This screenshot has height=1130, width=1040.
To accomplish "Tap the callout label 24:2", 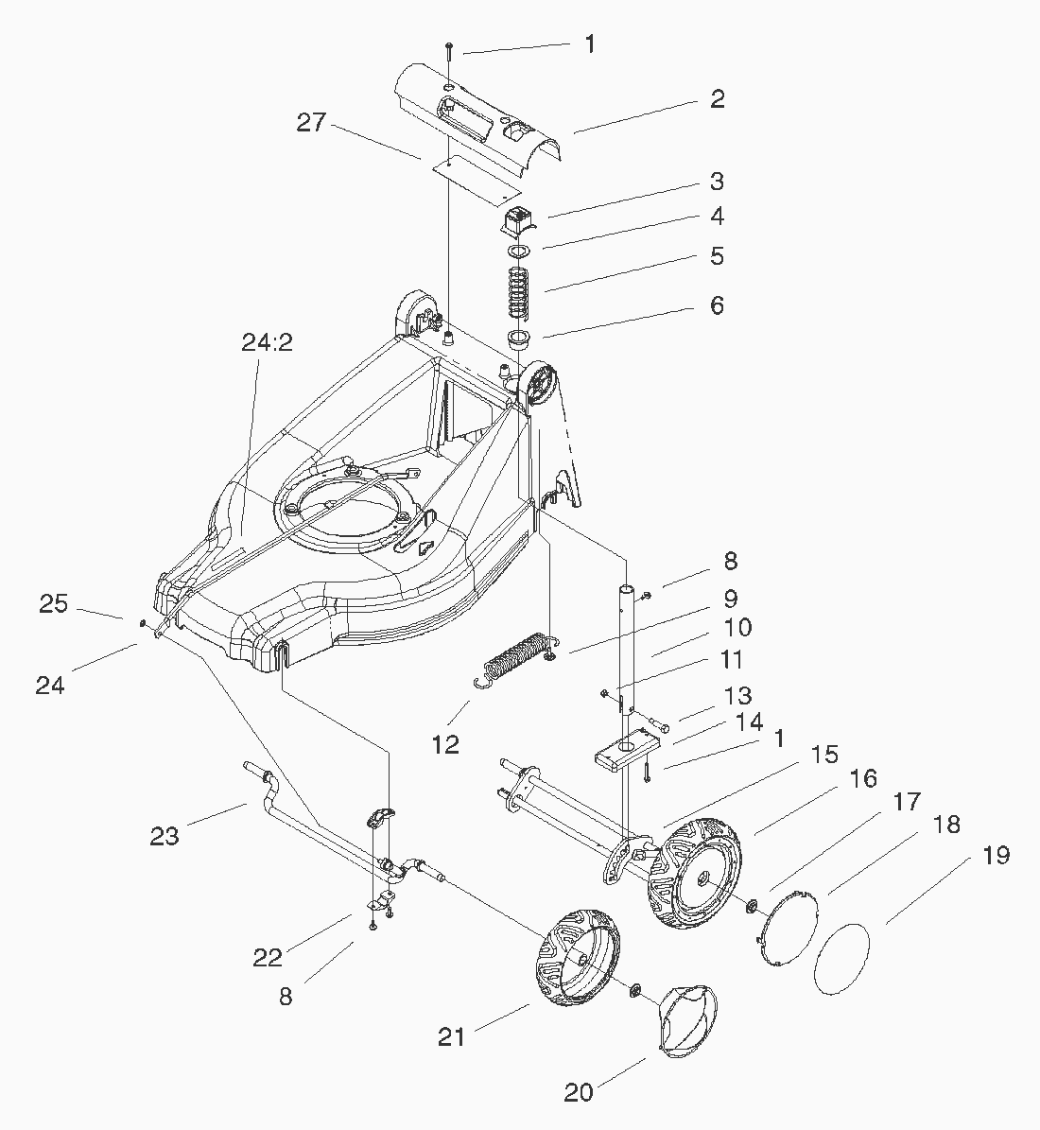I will click(x=267, y=342).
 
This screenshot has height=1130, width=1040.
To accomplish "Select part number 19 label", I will click(x=996, y=856).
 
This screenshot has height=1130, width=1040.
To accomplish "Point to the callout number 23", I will click(x=165, y=836).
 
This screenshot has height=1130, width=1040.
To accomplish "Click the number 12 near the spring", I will click(x=444, y=744).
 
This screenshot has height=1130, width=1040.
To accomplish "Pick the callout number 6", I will click(x=717, y=305).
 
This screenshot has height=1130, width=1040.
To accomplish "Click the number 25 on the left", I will click(x=53, y=603).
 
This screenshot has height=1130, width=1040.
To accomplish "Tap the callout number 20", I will click(x=579, y=1092).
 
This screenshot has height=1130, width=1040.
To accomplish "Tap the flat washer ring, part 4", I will click(x=516, y=252).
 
